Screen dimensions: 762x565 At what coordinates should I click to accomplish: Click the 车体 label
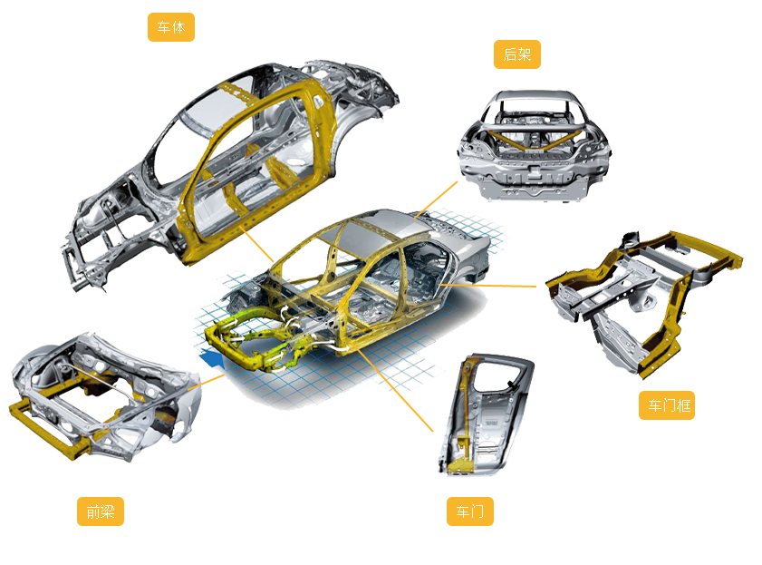pos(171,27)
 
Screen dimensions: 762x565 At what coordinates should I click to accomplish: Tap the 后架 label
pos(517,54)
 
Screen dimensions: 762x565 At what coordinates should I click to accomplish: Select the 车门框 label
pos(667,405)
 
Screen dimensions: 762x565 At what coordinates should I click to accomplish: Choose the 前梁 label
pos(101,511)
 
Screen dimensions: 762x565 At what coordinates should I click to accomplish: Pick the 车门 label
pos(470,511)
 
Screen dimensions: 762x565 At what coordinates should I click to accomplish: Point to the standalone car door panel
pos(486,414)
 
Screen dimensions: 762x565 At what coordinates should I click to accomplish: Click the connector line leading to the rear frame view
pos(436,200)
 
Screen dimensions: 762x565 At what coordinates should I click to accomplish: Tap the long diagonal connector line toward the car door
pos(393,389)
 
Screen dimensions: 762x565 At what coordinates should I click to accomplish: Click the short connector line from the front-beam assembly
pos(207,382)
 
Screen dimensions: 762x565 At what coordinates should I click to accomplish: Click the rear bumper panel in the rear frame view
pos(534,180)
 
